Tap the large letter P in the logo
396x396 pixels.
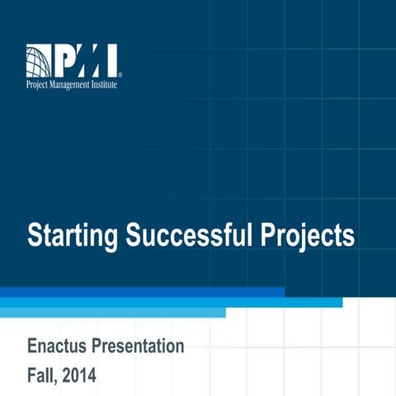65,60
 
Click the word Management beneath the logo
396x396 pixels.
73,83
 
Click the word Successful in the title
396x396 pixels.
184,235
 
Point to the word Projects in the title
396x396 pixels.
304,237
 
